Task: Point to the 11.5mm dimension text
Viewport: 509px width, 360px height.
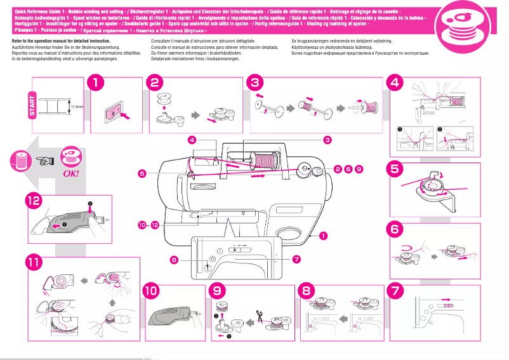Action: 77,107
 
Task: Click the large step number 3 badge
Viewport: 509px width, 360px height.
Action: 255,83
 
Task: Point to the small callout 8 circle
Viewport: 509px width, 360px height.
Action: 173,259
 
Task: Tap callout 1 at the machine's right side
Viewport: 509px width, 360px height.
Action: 324,236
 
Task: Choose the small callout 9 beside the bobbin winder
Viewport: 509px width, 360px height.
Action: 359,169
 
